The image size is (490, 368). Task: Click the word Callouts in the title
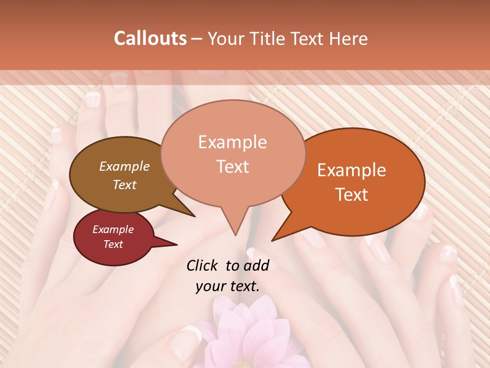(150, 38)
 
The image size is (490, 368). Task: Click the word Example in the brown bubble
(125, 166)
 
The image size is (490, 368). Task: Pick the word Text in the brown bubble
(125, 185)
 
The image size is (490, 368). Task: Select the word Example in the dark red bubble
(113, 229)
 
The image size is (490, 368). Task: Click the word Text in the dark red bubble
(113, 244)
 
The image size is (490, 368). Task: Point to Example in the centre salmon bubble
(232, 142)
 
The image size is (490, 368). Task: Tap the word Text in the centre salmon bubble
(232, 167)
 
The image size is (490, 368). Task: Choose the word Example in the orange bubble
(352, 170)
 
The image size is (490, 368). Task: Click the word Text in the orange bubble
(352, 195)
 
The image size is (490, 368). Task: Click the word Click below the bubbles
(203, 265)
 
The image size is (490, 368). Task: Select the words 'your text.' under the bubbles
(228, 287)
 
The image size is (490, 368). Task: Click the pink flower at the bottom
(245, 337)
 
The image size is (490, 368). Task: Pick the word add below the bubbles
(256, 265)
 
